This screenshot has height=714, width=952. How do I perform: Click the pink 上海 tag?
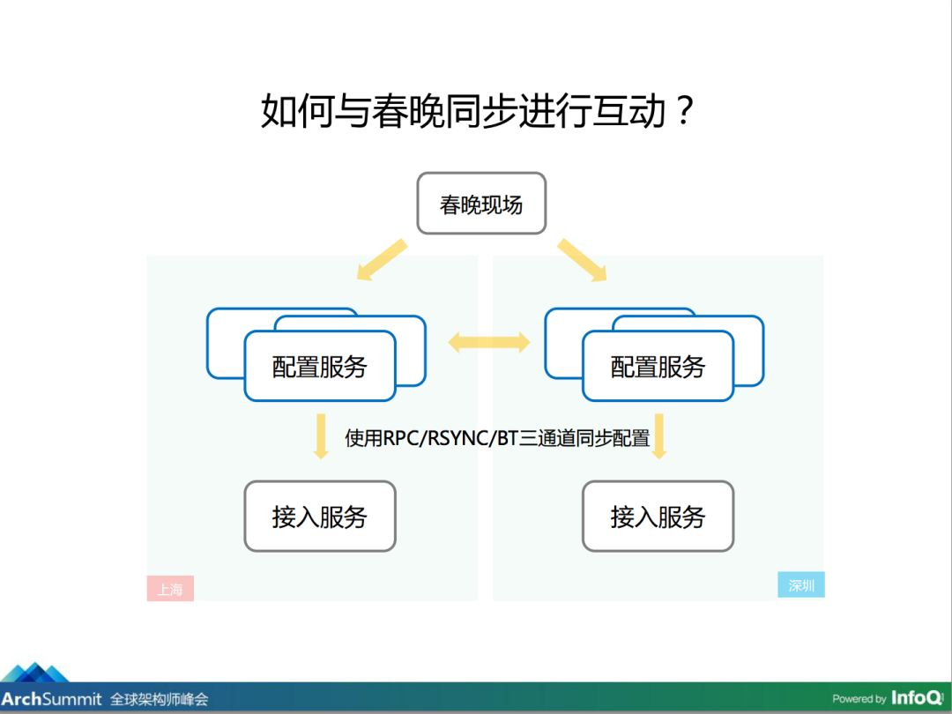click(170, 588)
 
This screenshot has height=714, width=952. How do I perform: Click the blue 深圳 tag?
click(800, 584)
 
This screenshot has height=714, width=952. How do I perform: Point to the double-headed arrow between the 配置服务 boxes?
click(488, 342)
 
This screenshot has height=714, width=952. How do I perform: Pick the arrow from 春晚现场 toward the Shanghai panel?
click(382, 260)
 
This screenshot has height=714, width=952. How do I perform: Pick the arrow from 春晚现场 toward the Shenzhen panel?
click(583, 260)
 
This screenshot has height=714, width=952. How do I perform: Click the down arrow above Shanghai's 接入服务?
click(321, 436)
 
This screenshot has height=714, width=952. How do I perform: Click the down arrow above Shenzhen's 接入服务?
click(658, 436)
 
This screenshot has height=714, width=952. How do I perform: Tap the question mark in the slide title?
click(684, 110)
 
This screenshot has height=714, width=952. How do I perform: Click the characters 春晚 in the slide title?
click(407, 110)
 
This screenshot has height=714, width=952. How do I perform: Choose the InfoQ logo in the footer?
click(918, 697)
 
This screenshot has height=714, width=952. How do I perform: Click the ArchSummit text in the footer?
click(51, 699)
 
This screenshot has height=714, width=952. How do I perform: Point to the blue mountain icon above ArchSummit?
click(35, 672)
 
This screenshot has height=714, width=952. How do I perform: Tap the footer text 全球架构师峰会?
click(159, 699)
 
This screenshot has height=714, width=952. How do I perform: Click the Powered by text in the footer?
click(859, 699)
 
